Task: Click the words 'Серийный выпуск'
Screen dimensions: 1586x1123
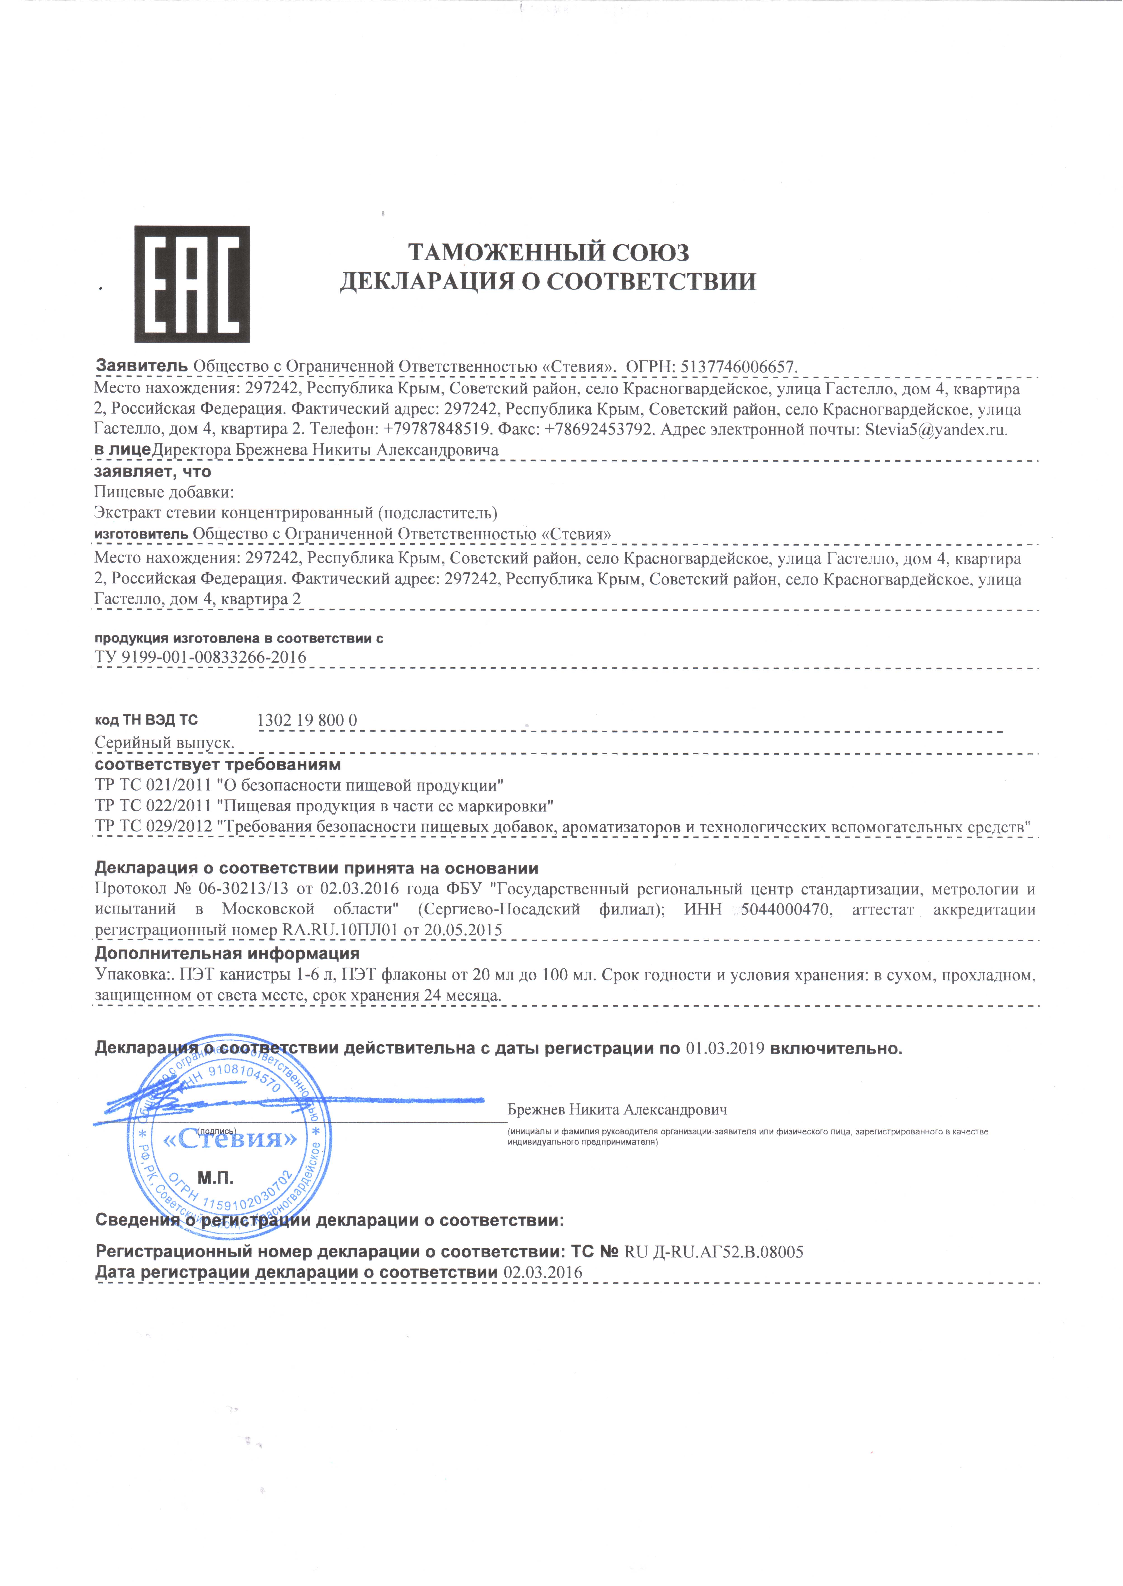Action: pyautogui.click(x=164, y=743)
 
